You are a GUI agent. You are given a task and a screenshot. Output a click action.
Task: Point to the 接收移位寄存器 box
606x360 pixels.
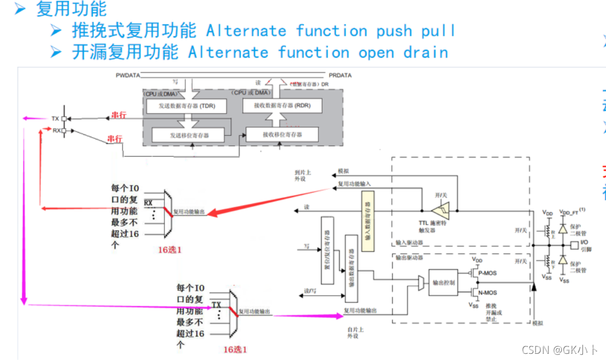(282, 134)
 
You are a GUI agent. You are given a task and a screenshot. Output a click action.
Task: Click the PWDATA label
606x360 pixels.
(128, 75)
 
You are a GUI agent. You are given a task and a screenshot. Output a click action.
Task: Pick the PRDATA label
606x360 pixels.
(340, 75)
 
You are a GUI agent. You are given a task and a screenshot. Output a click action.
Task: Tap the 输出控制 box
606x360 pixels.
(443, 282)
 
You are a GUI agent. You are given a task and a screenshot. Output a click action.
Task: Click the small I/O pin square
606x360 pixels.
(573, 245)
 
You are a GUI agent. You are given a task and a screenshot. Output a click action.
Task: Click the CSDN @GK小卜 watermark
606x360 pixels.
(559, 350)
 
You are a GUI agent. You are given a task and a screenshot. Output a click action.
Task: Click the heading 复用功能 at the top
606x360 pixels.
(71, 9)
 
